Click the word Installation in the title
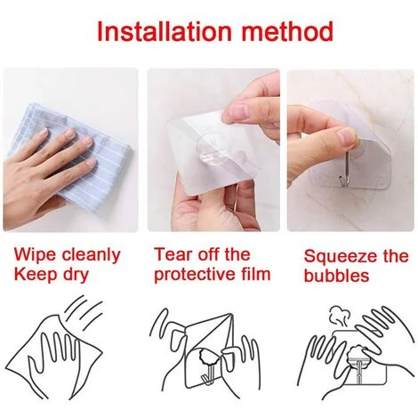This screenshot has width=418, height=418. pyautogui.click(x=164, y=31)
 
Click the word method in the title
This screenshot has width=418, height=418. pyautogui.click(x=287, y=31)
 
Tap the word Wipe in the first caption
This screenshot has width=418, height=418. pyautogui.click(x=35, y=254)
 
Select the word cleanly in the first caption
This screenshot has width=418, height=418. pyautogui.click(x=91, y=256)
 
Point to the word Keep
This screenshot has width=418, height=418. pyautogui.click(x=36, y=274)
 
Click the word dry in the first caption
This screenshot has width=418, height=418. pyautogui.click(x=76, y=275)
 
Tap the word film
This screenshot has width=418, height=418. pyautogui.click(x=260, y=273)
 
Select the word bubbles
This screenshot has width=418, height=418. pyautogui.click(x=336, y=276)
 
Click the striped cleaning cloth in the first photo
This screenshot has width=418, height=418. pyautogui.click(x=74, y=149)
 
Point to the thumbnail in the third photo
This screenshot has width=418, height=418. pyautogui.click(x=347, y=135)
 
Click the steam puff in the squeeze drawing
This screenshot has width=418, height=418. pyautogui.click(x=339, y=317)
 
